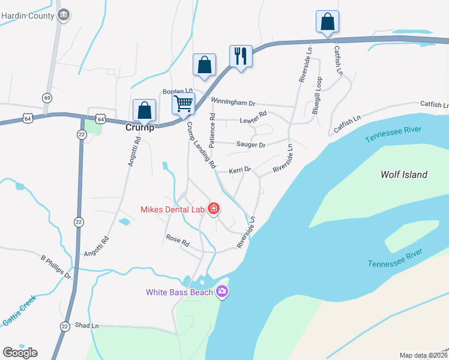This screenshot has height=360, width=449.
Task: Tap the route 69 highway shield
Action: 47,98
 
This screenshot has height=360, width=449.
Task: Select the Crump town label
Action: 140,128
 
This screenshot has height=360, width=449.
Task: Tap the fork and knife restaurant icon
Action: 241,56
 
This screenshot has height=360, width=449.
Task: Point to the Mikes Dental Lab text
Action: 172,209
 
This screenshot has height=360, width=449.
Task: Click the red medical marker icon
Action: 213,209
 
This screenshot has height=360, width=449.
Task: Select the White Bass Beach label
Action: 179,292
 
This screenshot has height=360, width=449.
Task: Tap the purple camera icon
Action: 222,292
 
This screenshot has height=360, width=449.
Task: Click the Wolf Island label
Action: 404,175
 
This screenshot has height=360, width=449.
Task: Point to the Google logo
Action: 20,352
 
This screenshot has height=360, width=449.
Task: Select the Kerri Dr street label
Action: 240,171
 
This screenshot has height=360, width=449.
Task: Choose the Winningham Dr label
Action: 235,103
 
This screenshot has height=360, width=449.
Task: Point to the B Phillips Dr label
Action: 56,268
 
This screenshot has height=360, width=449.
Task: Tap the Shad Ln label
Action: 87,326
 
